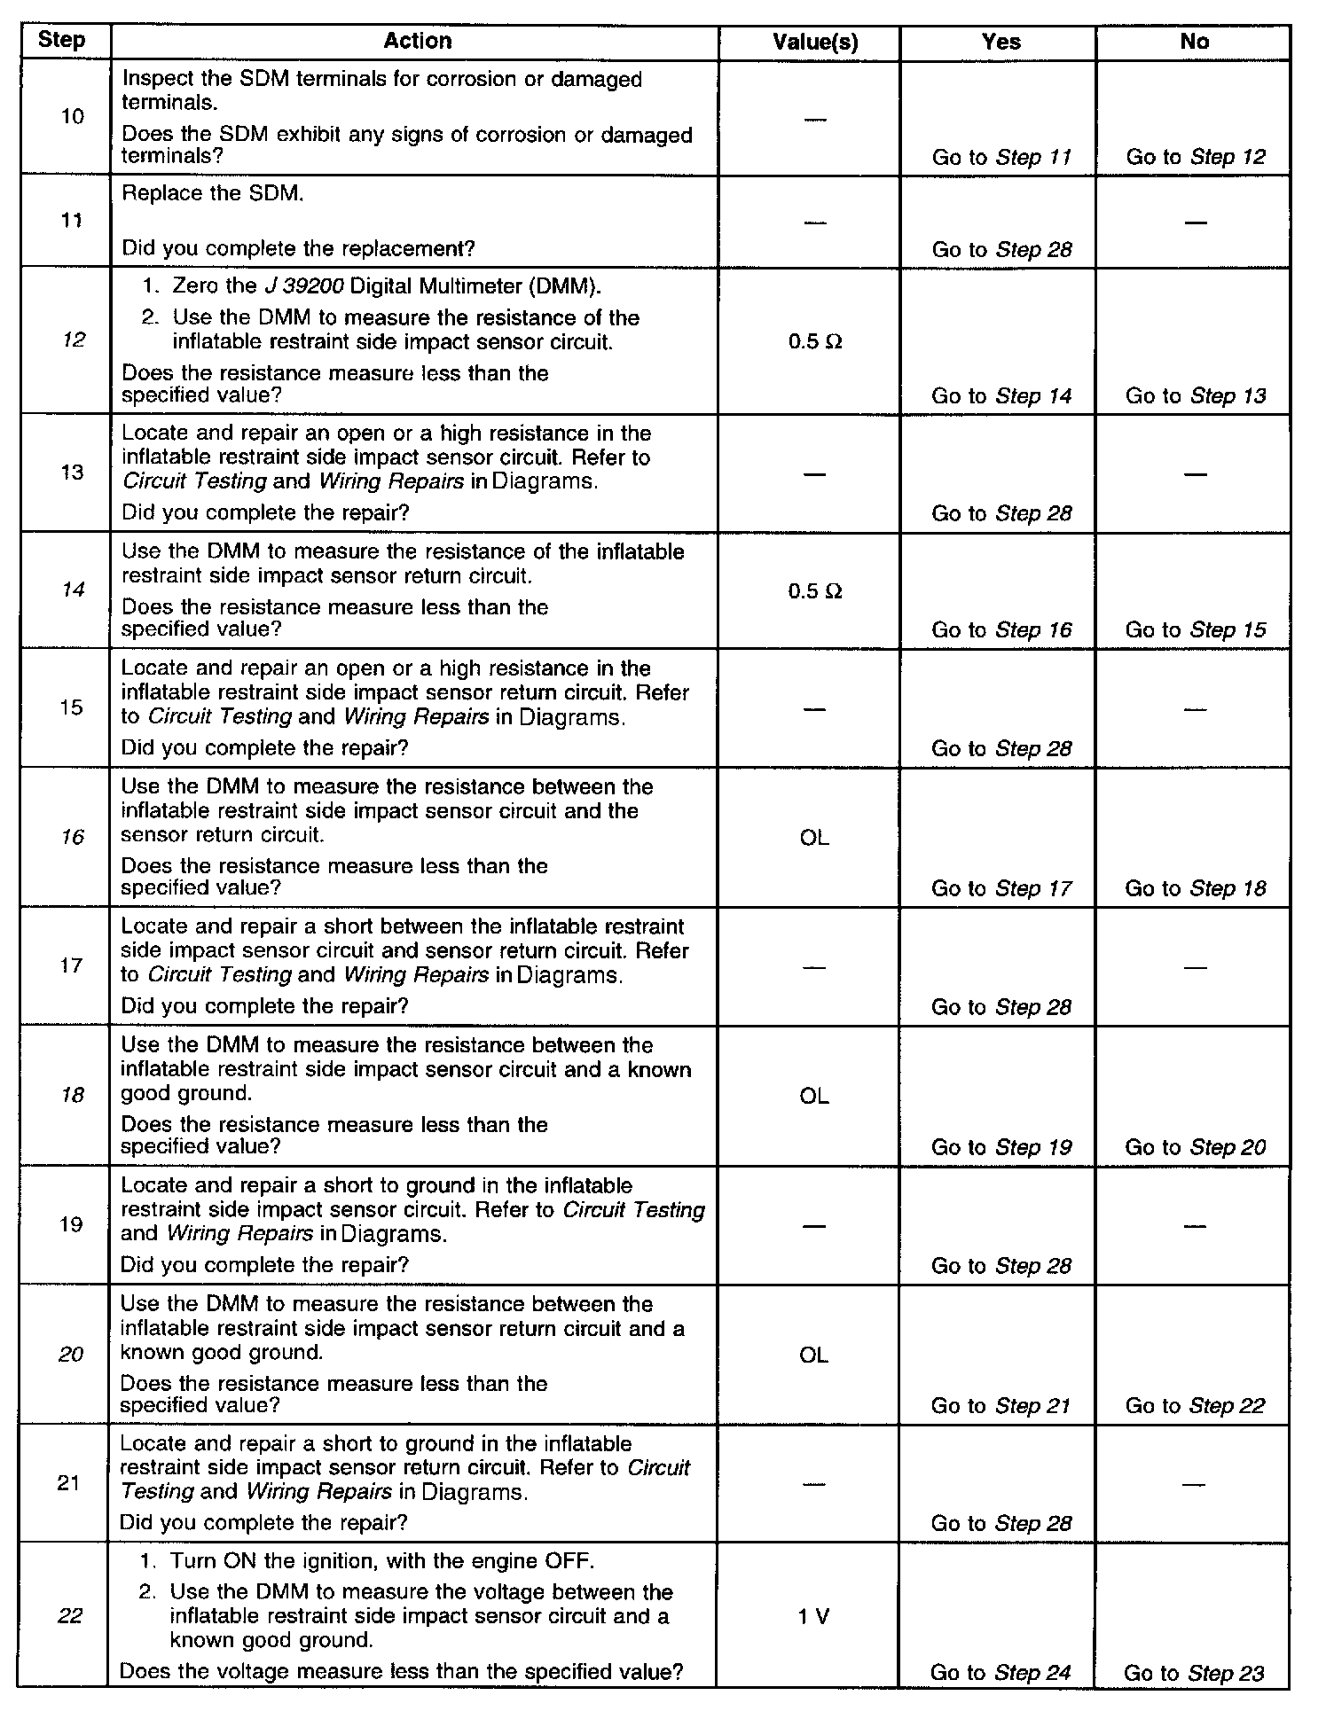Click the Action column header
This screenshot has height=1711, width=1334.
pos(417,41)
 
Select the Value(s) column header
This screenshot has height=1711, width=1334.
pos(815,42)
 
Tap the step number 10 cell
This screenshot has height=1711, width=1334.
pos(74,116)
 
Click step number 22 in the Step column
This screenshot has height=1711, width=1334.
pos(70,1615)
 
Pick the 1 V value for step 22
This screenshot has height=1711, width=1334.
pos(813,1616)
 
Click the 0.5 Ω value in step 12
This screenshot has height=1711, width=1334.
pos(814,341)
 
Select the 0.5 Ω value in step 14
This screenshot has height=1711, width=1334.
pos(814,591)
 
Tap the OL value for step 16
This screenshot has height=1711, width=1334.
pos(814,838)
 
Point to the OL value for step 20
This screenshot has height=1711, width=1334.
pos(813,1356)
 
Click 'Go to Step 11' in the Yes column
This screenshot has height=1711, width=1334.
pos(1001,158)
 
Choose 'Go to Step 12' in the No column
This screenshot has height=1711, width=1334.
pos(1196,157)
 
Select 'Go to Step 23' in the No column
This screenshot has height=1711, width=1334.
pos(1194,1673)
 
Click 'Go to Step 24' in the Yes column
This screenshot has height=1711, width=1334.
pos(1001,1673)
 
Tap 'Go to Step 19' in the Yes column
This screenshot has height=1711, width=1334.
pos(1001,1147)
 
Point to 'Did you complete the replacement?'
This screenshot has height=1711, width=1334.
pos(298,249)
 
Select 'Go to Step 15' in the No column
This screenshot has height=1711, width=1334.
pos(1196,630)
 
